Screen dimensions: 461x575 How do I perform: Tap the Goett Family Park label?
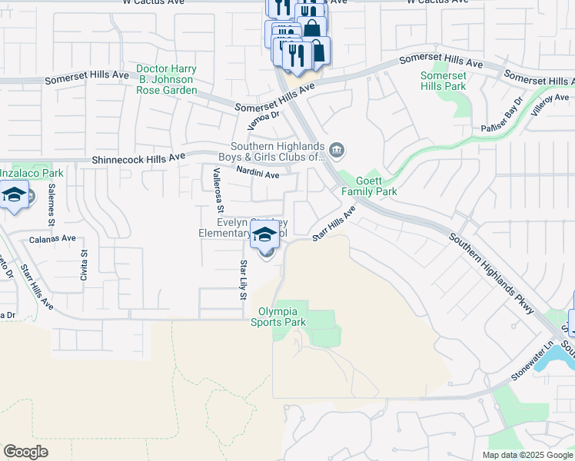tap(376, 186)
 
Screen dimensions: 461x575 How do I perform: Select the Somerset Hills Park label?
tap(444, 81)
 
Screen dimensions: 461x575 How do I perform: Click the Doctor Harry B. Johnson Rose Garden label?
tap(166, 79)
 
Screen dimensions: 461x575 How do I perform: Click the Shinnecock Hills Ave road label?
tap(138, 158)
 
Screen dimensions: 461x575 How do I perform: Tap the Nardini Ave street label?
tap(258, 174)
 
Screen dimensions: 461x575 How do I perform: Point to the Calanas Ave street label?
tap(52, 238)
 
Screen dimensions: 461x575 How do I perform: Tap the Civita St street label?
tap(84, 263)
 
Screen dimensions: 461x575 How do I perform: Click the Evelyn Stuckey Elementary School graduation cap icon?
tap(264, 234)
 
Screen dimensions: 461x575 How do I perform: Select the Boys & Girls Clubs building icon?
tap(336, 149)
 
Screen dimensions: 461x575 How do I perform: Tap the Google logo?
tap(25, 451)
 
